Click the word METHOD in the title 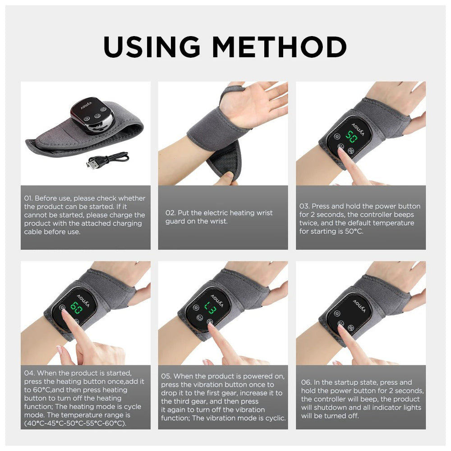click(279, 46)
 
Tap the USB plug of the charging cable click(91, 165)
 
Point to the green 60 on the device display click(77, 307)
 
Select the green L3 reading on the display click(211, 307)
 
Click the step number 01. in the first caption click(28, 198)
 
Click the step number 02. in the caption click(170, 213)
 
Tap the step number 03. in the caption click(304, 206)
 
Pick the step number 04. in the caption click(29, 373)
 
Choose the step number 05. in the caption click(166, 376)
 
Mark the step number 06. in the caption click(306, 382)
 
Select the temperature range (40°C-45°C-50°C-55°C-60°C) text click(75, 423)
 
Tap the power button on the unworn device click(97, 116)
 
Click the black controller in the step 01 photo click(92, 115)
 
